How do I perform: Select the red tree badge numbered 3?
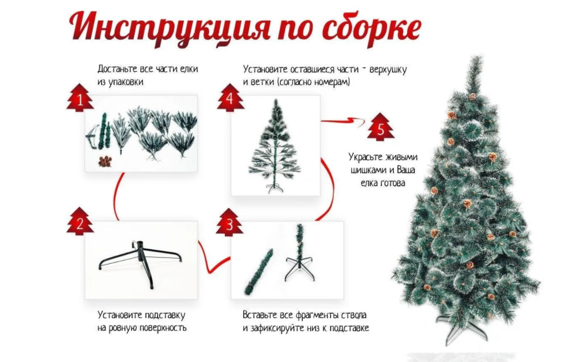[x=230, y=223]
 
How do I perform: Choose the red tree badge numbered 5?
[x=381, y=127]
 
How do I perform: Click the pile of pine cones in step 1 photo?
[x=105, y=161]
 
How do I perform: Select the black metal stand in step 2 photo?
[x=141, y=262]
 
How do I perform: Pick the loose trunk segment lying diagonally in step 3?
[x=259, y=271]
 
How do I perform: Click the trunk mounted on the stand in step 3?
[x=300, y=252]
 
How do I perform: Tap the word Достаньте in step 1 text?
[x=117, y=69]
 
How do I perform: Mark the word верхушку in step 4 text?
[x=388, y=69]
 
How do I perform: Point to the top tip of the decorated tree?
[x=477, y=56]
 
